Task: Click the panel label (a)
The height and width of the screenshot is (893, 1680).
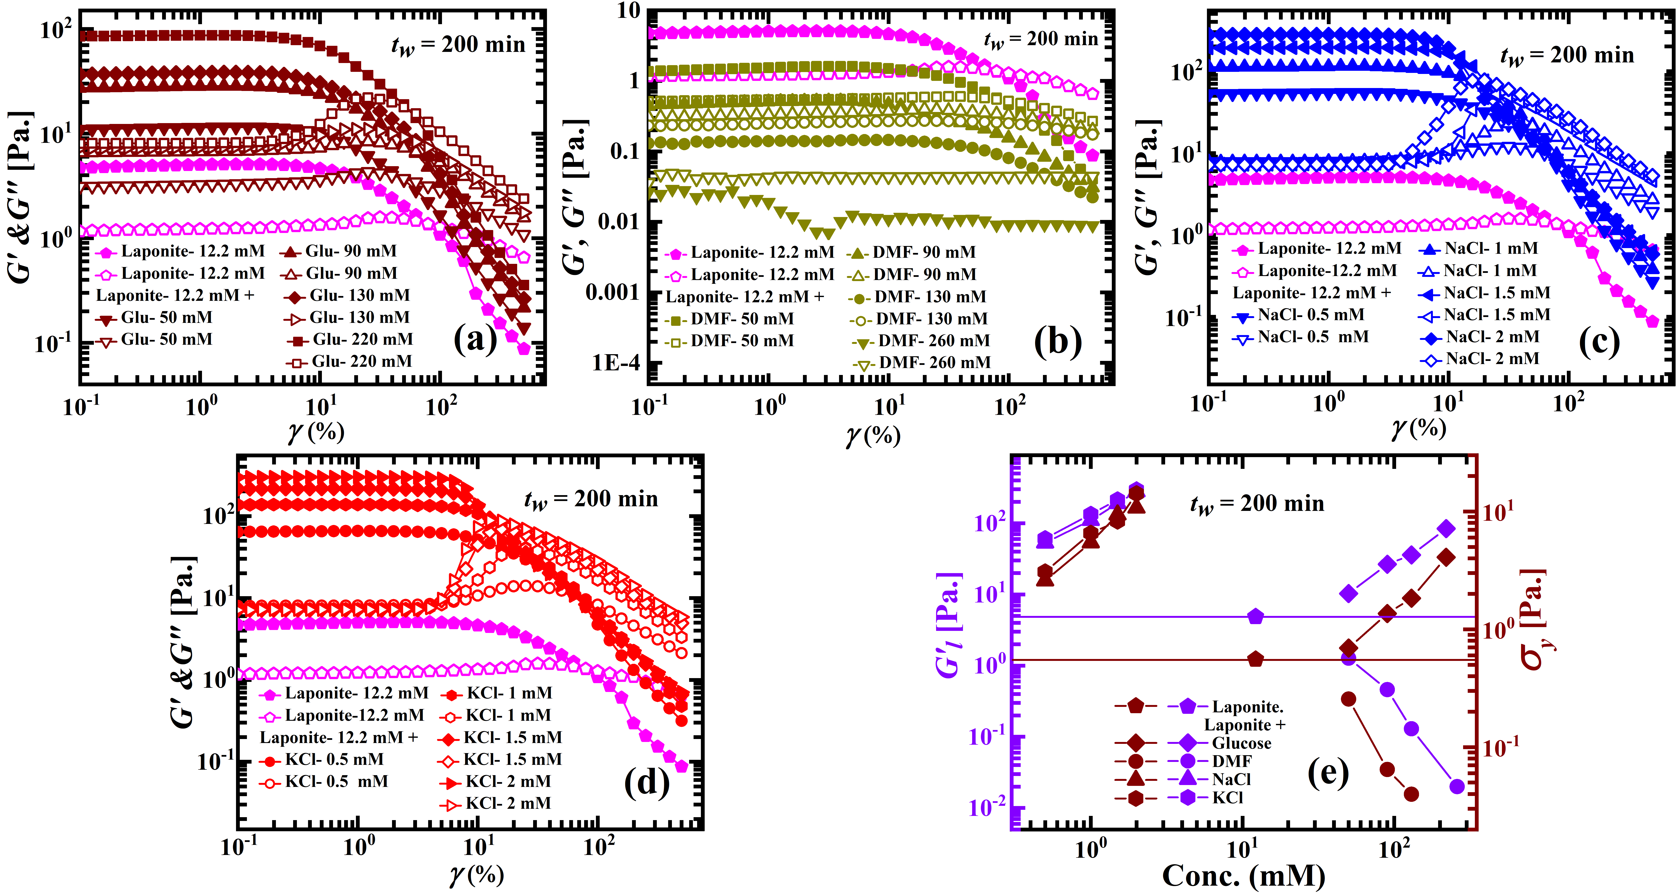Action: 475,339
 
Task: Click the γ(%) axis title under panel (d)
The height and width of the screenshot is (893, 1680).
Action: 476,874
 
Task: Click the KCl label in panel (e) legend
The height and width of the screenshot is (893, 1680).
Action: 1227,797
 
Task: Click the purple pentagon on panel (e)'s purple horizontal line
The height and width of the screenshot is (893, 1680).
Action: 1255,616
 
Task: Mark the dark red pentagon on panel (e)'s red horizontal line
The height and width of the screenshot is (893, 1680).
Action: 1255,659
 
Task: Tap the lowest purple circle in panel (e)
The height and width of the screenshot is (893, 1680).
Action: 1457,787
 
